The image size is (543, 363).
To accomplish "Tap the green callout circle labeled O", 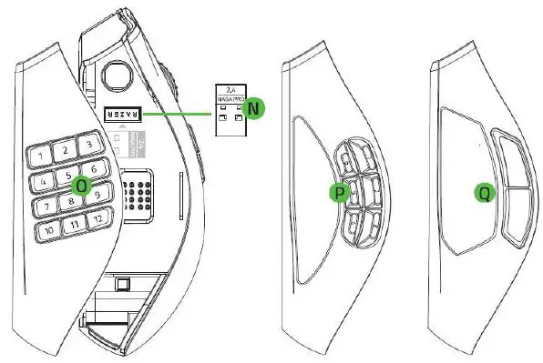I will coord(81,184).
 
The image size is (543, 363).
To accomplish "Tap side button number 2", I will coord(65,149).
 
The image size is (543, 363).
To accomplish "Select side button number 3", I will coord(87,144).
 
